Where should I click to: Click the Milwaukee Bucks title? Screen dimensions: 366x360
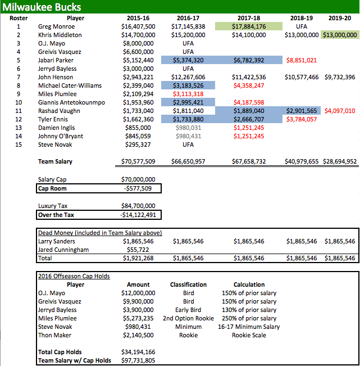click(x=42, y=7)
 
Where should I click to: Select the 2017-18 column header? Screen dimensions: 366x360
click(x=248, y=18)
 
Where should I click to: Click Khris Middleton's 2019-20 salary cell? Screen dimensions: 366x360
click(x=339, y=35)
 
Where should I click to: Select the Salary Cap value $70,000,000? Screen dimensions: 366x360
click(x=138, y=179)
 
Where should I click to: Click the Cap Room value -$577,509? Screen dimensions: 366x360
click(x=139, y=188)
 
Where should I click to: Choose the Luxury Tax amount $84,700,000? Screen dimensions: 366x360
click(x=138, y=206)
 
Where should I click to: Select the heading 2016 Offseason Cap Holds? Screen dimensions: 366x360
click(x=74, y=276)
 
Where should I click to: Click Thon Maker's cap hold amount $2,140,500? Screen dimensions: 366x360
click(x=138, y=335)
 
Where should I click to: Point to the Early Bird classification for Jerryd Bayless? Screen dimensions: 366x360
click(x=185, y=310)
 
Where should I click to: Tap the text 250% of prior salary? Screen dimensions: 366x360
click(x=249, y=318)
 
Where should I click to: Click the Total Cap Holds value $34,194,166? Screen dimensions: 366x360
click(x=138, y=353)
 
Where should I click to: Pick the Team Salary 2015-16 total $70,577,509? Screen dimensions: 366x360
click(x=138, y=162)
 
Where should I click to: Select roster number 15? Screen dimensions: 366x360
click(x=18, y=144)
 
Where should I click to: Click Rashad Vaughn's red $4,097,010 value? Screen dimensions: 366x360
click(x=339, y=111)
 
